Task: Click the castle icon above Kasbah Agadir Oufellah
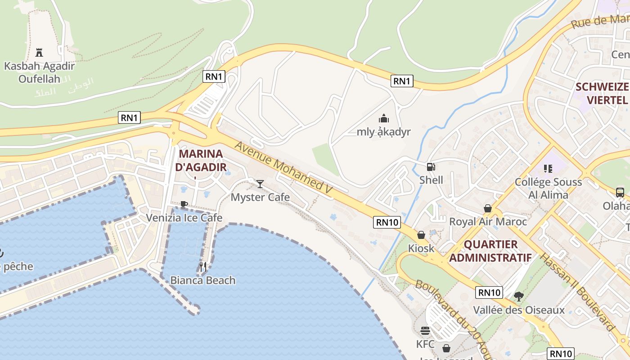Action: coord(39,52)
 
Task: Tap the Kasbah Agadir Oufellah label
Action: coord(39,72)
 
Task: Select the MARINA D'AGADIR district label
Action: coord(201,160)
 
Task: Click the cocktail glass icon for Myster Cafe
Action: coord(260,184)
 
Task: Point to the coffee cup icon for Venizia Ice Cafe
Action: coord(184,204)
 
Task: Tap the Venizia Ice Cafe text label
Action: coord(184,218)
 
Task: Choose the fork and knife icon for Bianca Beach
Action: coord(203,267)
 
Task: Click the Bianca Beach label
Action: coord(202,280)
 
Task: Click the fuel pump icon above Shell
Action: coord(431,167)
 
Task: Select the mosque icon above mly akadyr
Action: coord(384,118)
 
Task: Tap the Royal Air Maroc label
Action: coord(488,221)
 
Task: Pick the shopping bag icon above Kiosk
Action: coord(421,235)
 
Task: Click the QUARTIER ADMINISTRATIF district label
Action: coord(490,251)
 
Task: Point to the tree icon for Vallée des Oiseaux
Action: coord(519,296)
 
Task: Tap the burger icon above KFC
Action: coord(425,331)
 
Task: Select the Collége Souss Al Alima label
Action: coord(548,189)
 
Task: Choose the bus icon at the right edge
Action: coord(620,193)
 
